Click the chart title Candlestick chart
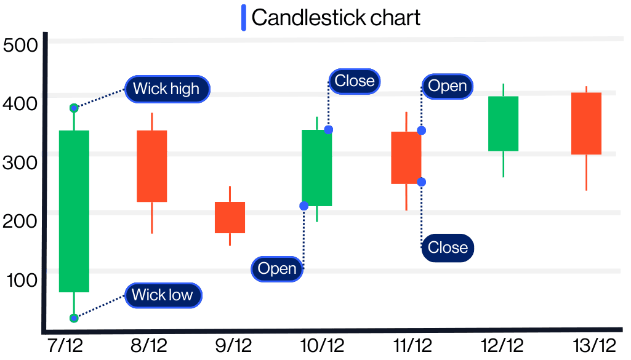[336, 17]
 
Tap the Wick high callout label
[166, 89]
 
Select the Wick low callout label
[163, 295]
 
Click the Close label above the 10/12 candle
[354, 81]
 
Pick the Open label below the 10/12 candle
[277, 269]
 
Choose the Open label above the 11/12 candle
[447, 86]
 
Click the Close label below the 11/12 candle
[448, 248]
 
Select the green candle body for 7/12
[74, 210]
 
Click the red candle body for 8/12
[151, 166]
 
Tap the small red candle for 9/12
[230, 217]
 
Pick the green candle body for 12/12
[503, 123]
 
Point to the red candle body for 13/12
[586, 123]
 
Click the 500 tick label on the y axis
[20, 46]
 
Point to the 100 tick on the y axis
[22, 280]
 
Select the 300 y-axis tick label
[20, 162]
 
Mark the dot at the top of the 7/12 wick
[74, 108]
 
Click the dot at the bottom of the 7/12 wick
[74, 318]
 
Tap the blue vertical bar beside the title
[244, 17]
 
